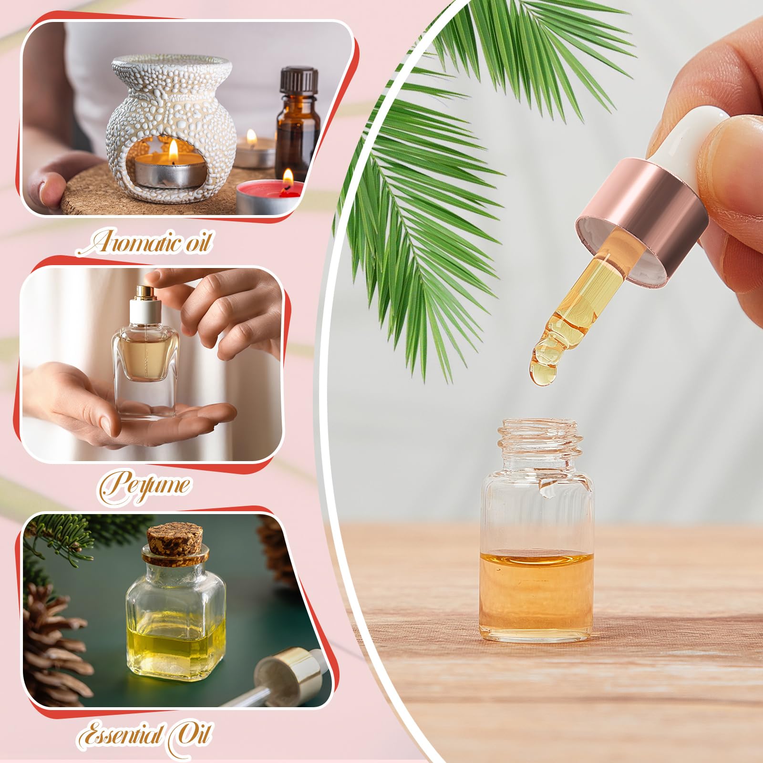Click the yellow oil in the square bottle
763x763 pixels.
[175, 646]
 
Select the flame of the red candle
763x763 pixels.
[288, 177]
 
